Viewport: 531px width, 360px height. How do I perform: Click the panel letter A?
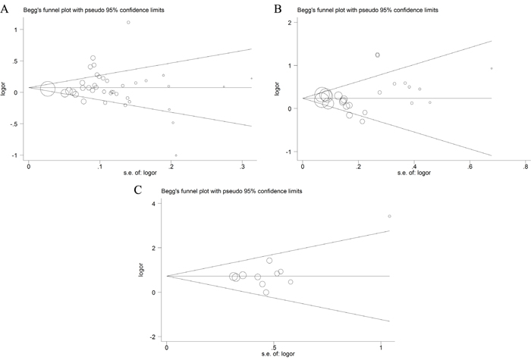[5, 9]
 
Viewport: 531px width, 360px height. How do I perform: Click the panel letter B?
[278, 9]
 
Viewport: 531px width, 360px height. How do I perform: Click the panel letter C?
[138, 190]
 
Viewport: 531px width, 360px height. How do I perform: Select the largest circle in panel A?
[48, 89]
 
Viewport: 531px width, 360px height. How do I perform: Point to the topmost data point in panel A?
[128, 22]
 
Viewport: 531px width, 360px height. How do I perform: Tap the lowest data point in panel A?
[176, 155]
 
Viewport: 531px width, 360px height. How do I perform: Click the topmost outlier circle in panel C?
[389, 216]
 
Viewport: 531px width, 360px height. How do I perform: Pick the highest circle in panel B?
[378, 55]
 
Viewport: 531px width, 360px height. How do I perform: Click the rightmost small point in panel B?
[492, 68]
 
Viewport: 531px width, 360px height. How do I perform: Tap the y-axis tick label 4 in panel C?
[154, 204]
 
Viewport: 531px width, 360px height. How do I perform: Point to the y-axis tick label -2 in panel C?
[152, 337]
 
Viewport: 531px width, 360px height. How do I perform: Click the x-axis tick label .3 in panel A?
[242, 167]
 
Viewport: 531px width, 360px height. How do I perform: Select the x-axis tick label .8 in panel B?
[525, 167]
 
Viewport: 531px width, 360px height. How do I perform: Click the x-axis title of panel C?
[278, 354]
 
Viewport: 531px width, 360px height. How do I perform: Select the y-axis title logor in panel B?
[277, 89]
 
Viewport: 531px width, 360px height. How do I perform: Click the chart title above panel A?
[94, 10]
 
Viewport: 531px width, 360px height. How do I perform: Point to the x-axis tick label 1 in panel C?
[381, 347]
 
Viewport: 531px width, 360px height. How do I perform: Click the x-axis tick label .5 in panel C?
[273, 347]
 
